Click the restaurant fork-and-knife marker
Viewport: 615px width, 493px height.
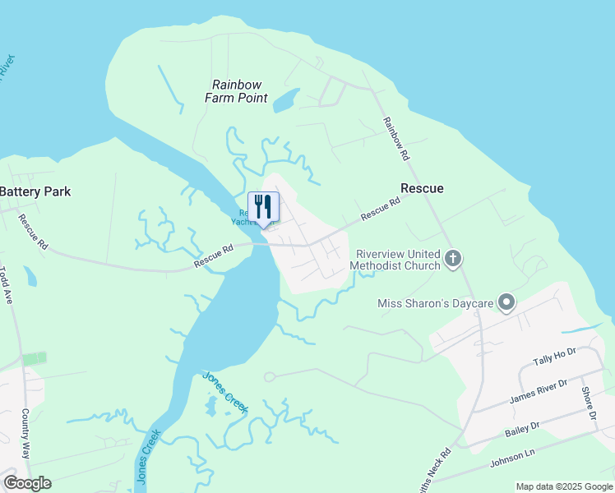263,205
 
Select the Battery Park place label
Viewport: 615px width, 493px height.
35,191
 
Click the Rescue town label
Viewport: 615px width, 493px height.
422,188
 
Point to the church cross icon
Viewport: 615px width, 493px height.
452,260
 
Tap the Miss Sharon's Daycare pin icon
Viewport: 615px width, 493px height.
506,303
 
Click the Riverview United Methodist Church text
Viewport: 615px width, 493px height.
395,260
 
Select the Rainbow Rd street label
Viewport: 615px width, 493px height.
395,137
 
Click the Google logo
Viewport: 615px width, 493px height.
27,483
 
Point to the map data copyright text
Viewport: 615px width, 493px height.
564,486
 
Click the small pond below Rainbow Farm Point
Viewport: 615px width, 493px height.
285,101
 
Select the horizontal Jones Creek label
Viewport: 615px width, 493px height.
225,380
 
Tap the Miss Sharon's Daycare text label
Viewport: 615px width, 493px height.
436,303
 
